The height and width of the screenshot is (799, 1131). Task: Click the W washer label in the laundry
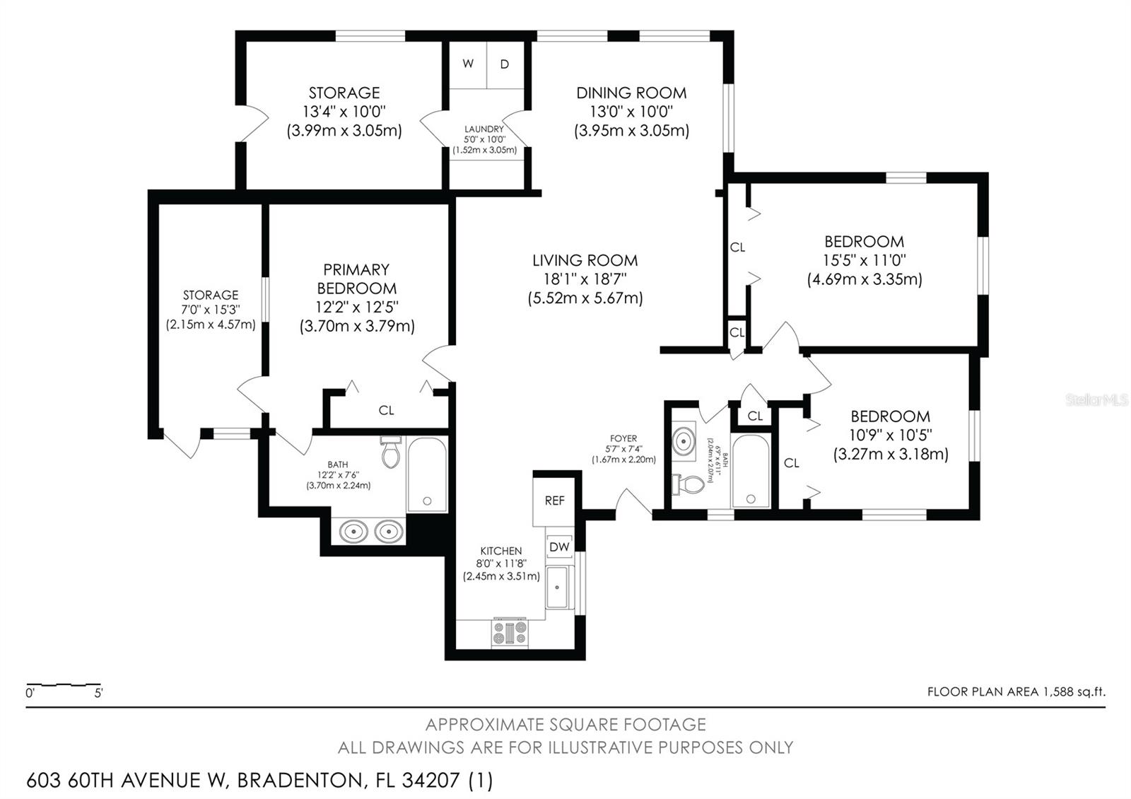point(468,64)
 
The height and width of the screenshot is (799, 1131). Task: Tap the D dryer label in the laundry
point(505,64)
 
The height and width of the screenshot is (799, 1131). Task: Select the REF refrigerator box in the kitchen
point(554,501)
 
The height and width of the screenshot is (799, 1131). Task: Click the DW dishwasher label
point(559,547)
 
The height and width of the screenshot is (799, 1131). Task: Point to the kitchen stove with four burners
point(510,632)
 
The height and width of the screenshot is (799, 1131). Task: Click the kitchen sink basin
point(558,588)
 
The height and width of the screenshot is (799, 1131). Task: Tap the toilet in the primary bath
point(391,452)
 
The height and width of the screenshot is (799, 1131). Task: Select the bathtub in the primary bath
point(427,474)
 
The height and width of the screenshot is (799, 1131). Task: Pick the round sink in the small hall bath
point(684,441)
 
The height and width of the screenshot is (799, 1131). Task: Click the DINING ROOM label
point(632,93)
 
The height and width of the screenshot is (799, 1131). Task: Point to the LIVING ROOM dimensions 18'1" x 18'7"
point(585,279)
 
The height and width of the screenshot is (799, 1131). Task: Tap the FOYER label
point(623,438)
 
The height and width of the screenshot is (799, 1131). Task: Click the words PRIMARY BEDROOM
point(356,279)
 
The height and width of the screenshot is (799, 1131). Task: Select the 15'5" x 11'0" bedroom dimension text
point(865,260)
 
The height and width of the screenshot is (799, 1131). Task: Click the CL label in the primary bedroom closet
point(386,411)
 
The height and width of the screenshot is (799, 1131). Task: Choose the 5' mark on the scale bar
point(98,693)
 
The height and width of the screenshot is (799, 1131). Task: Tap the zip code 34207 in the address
point(430,781)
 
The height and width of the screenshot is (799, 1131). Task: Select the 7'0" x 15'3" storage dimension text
point(211,309)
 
